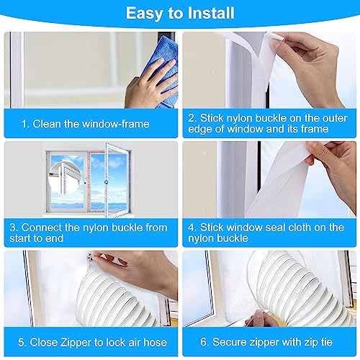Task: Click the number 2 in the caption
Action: coord(194,117)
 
